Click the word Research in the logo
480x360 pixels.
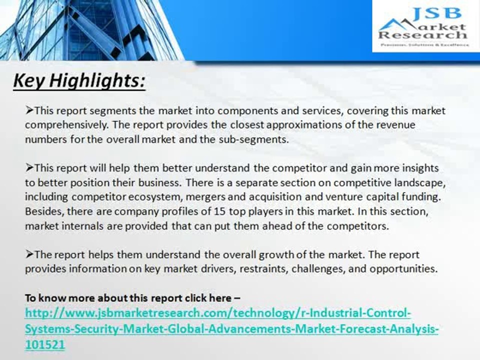coord(423,35)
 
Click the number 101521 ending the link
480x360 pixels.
coord(45,345)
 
